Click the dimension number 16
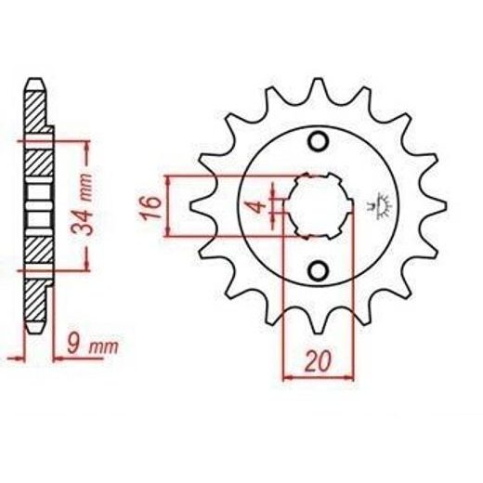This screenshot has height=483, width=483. pos(151,207)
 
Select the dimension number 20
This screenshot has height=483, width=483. pos(318,361)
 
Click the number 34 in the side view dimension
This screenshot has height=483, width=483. pos(83,223)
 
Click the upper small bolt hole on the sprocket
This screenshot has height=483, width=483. pos(318,142)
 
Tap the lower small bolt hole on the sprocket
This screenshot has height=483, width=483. pos(318,271)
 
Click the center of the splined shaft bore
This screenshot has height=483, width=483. pos(318,206)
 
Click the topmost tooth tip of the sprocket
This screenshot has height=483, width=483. pos(318,80)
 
